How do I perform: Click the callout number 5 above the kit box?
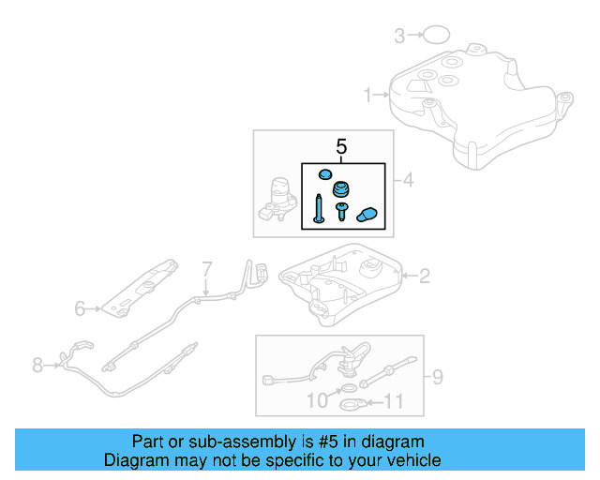click(x=341, y=147)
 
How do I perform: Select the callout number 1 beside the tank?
click(x=368, y=95)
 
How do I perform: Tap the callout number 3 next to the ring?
click(x=399, y=37)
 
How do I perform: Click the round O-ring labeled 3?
click(x=434, y=36)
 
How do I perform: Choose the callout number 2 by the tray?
click(x=424, y=276)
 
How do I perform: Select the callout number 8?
click(x=37, y=365)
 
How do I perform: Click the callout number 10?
click(x=317, y=401)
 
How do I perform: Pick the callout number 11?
click(x=394, y=402)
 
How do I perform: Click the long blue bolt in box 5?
click(x=319, y=208)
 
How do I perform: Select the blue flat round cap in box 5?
click(x=323, y=174)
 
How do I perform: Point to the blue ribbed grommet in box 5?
click(x=342, y=187)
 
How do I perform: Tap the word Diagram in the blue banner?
click(x=136, y=460)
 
